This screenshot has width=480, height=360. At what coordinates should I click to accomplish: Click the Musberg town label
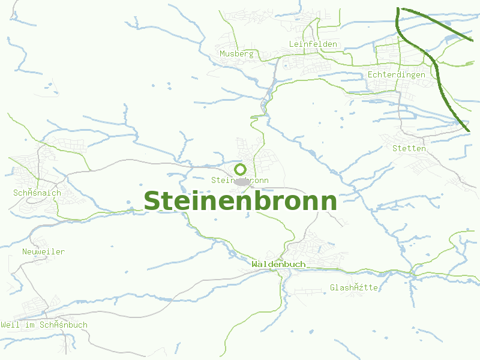pyautogui.click(x=236, y=54)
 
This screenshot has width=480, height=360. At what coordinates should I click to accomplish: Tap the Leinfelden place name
pyautogui.click(x=313, y=44)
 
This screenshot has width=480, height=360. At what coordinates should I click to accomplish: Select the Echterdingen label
pyautogui.click(x=396, y=75)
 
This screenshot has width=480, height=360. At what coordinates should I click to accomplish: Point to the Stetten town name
pyautogui.click(x=409, y=148)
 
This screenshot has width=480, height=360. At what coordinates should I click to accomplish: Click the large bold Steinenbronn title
pyautogui.click(x=240, y=200)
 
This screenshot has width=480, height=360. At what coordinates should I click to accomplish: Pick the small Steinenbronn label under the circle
pyautogui.click(x=240, y=181)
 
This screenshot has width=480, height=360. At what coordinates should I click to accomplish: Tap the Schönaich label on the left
pyautogui.click(x=37, y=193)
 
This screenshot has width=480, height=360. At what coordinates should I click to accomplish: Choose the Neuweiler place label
pyautogui.click(x=43, y=252)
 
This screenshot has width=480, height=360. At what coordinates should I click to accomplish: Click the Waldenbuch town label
pyautogui.click(x=278, y=264)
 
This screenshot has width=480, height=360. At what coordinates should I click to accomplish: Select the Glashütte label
pyautogui.click(x=354, y=288)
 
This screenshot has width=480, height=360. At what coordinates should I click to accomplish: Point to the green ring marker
pyautogui.click(x=241, y=169)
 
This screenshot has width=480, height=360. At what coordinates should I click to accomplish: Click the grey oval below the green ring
pyautogui.click(x=242, y=181)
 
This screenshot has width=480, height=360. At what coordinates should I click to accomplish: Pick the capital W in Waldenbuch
pyautogui.click(x=255, y=264)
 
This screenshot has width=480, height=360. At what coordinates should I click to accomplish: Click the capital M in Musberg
pyautogui.click(x=222, y=54)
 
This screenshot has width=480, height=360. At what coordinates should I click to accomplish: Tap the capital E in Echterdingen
pyautogui.click(x=370, y=75)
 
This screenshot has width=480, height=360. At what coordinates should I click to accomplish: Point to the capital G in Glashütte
pyautogui.click(x=332, y=288)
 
